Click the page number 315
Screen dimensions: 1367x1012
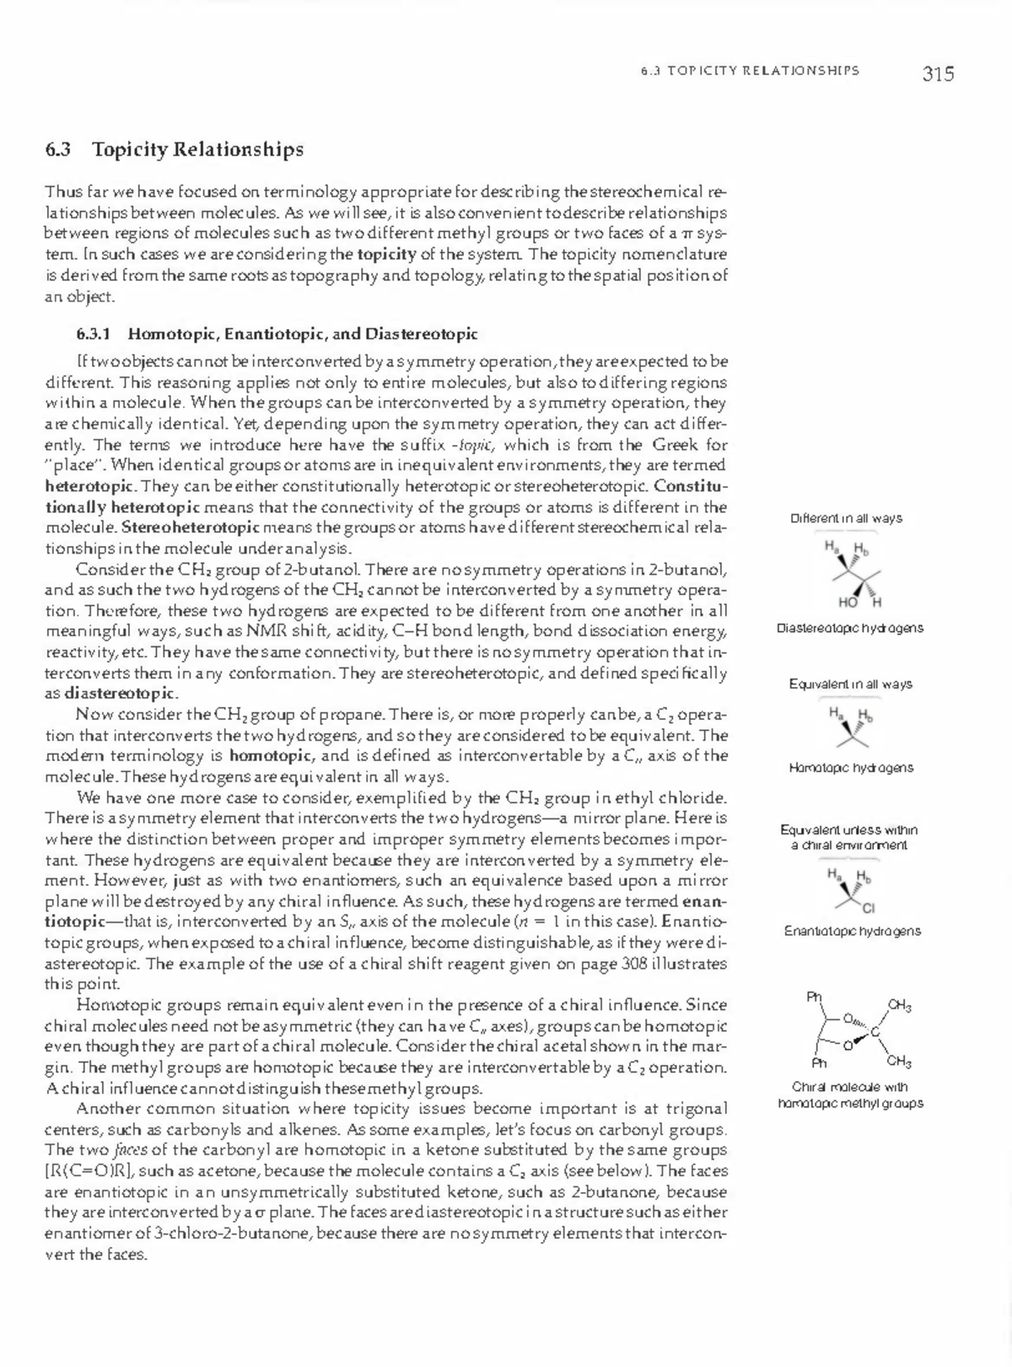[938, 74]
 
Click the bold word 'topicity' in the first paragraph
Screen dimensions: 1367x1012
[385, 254]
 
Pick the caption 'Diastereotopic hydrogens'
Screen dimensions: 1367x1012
[849, 629]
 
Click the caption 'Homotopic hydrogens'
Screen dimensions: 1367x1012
[850, 768]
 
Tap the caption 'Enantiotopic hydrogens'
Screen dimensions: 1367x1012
[852, 932]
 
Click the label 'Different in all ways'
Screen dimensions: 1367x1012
[846, 518]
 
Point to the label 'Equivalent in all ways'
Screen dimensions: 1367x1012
[850, 684]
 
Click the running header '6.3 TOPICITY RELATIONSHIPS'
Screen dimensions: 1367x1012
[750, 71]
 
